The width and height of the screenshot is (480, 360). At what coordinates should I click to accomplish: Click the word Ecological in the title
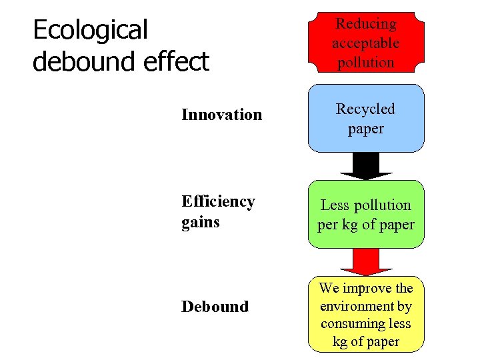point(90,30)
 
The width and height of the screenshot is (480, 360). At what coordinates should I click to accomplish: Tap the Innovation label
point(222,115)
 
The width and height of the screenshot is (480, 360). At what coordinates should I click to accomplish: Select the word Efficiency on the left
point(218,201)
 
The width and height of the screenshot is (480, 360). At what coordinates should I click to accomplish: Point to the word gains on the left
point(201,221)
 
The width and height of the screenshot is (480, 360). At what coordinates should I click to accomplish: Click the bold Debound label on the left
point(215,307)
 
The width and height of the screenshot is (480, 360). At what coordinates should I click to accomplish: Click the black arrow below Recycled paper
point(366,166)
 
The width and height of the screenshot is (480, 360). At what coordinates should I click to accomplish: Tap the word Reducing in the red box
point(366,24)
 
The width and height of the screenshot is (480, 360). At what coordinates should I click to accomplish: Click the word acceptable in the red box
point(366,43)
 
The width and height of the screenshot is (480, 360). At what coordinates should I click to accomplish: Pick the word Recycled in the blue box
point(366,109)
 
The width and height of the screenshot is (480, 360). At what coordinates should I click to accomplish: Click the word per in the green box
point(328,225)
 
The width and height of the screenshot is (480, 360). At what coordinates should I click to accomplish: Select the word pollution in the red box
point(366,63)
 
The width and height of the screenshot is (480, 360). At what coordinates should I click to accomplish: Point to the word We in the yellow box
point(330,289)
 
